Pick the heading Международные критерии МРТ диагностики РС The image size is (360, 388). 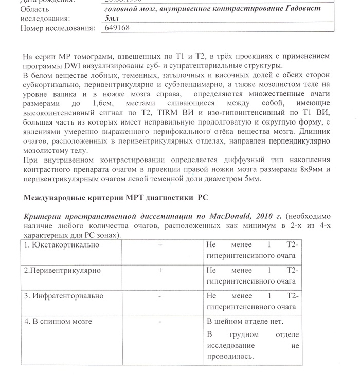tap(117, 197)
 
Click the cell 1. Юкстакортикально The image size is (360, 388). tap(62, 245)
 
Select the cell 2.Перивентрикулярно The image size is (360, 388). tap(63, 270)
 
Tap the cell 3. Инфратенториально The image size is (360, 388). tap(64, 296)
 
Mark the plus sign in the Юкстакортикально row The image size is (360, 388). tap(160, 245)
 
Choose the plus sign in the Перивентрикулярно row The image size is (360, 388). tap(160, 270)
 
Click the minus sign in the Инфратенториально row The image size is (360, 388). tap(160, 296)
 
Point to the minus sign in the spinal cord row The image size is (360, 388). tap(160, 321)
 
